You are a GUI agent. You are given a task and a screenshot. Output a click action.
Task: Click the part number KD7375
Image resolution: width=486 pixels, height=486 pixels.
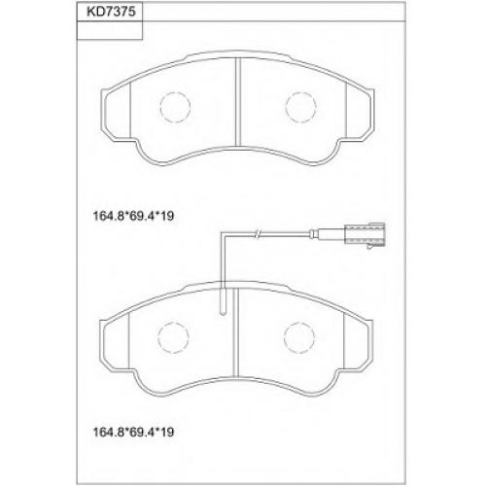pyautogui.click(x=110, y=12)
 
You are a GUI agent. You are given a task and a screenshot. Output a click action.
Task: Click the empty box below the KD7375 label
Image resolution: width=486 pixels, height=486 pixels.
pyautogui.click(x=110, y=31)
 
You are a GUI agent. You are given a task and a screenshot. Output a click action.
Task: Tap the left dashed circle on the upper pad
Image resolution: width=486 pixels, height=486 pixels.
pyautogui.click(x=175, y=107)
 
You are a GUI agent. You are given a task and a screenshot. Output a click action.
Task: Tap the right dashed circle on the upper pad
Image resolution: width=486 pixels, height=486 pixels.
pyautogui.click(x=300, y=107)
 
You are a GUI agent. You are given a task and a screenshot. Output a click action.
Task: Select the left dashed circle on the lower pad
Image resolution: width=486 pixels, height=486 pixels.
pyautogui.click(x=173, y=338)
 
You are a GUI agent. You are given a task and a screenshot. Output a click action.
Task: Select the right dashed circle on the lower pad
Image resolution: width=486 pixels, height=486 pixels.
pyautogui.click(x=299, y=338)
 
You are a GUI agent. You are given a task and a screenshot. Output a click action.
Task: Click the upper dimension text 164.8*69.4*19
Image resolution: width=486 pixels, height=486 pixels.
pyautogui.click(x=133, y=216)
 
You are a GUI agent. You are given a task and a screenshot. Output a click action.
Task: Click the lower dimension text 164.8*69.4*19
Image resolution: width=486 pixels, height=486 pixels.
pyautogui.click(x=133, y=432)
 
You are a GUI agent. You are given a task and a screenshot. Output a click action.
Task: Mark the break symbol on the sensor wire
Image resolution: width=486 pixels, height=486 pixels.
pyautogui.click(x=257, y=233)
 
